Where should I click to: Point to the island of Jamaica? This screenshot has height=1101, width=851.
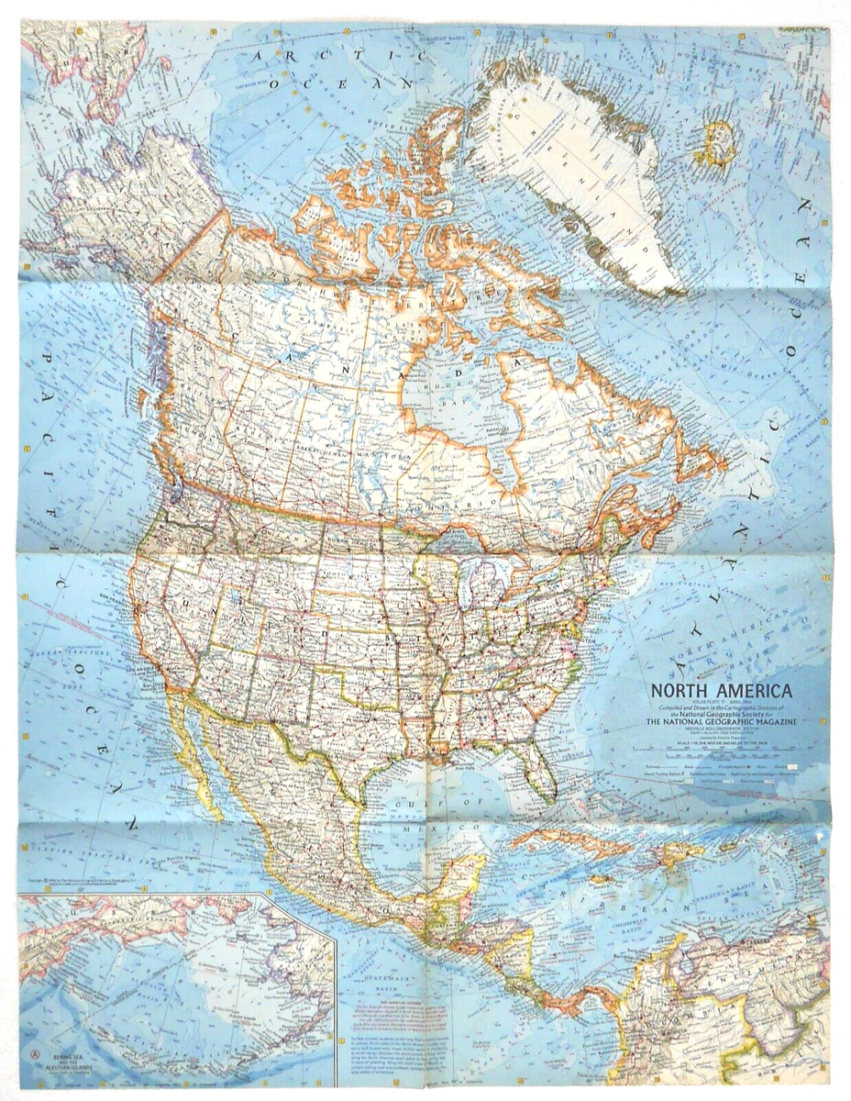(601, 879)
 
